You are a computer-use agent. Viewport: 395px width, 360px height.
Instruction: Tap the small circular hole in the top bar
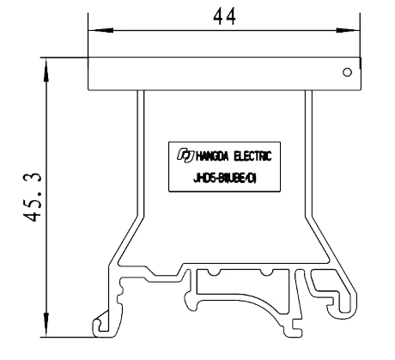[x=346, y=73]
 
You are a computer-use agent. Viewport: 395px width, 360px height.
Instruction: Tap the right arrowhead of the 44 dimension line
[x=356, y=34]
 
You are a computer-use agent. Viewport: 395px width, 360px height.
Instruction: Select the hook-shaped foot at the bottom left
[x=104, y=321]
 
